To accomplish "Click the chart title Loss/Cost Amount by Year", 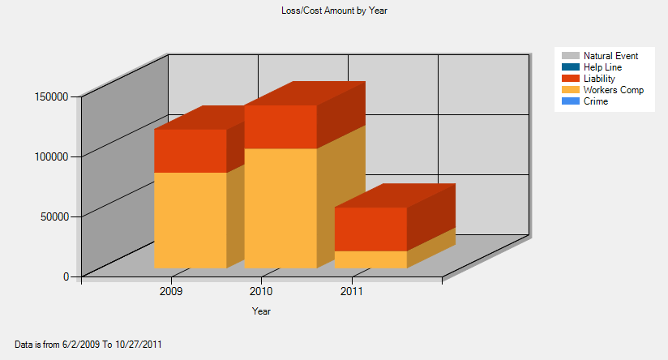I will [x=335, y=11].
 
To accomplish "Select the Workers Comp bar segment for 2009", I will [x=190, y=220].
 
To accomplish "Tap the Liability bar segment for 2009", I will [x=190, y=151].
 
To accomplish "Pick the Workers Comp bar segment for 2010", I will [x=280, y=208].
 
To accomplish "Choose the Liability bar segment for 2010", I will [x=280, y=126].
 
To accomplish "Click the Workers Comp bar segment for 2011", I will [x=370, y=259].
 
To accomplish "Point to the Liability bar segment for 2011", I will [x=370, y=229].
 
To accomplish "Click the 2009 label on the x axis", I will [x=171, y=290].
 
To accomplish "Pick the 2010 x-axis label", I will [x=261, y=290].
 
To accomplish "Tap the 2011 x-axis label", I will [x=352, y=290].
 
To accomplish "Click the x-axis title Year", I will [x=261, y=311].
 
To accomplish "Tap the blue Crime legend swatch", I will [x=570, y=101].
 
